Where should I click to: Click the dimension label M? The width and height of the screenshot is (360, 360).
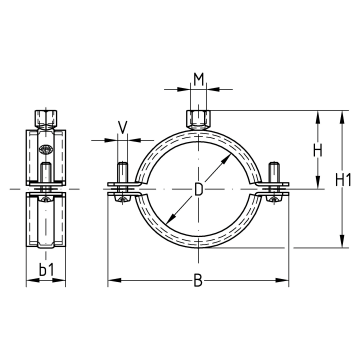coord(198,79)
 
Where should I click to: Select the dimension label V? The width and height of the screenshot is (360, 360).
coord(123,128)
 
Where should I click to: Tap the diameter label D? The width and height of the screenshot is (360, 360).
coord(198,190)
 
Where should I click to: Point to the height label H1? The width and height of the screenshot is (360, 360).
coord(343,180)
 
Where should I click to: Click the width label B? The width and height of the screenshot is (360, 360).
coord(198,281)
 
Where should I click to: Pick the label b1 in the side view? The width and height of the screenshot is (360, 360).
coord(46,270)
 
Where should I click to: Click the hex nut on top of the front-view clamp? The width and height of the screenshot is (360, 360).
coord(198,119)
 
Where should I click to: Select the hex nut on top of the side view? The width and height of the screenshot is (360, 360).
coord(46,118)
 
